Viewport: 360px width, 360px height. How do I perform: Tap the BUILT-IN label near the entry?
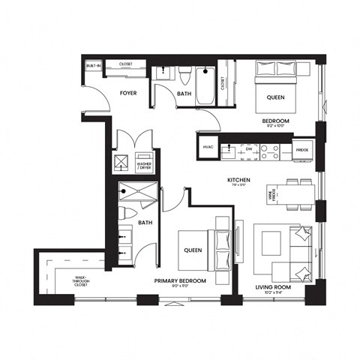click(x=93, y=66)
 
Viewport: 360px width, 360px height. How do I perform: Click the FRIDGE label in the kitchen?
click(x=301, y=149)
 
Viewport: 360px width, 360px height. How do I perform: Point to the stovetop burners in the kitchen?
click(x=270, y=148)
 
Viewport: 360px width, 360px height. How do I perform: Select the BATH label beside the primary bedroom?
click(x=145, y=222)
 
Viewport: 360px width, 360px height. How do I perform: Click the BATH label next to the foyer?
click(x=184, y=94)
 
